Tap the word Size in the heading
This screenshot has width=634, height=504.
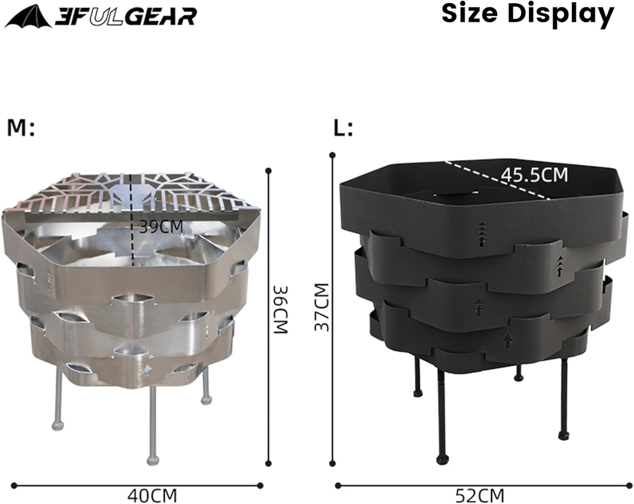[470, 14]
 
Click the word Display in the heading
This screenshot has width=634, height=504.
[560, 15]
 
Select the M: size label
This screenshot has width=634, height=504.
[20, 128]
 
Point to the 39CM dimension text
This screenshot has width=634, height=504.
[161, 227]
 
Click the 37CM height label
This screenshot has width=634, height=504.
[322, 308]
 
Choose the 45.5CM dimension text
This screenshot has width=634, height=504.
[534, 175]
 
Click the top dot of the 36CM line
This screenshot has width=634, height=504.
[268, 171]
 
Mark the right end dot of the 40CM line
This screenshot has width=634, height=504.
[260, 486]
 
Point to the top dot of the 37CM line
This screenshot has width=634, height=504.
[333, 155]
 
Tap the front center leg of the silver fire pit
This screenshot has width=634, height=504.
[152, 422]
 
